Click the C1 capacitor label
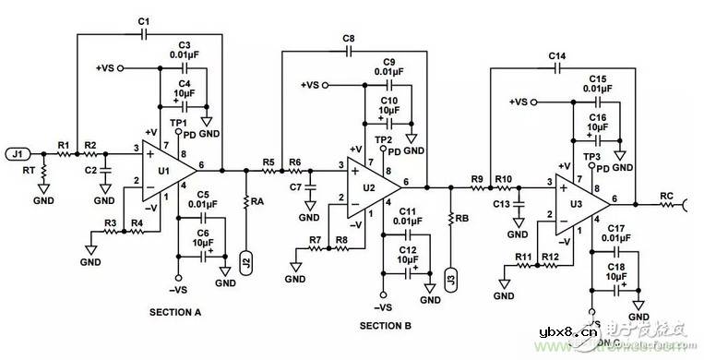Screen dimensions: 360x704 click(x=143, y=21)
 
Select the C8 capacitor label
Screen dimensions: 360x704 click(x=348, y=39)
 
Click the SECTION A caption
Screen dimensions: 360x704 click(x=175, y=313)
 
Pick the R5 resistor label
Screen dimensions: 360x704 click(x=268, y=162)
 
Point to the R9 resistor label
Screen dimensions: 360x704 click(x=477, y=179)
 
